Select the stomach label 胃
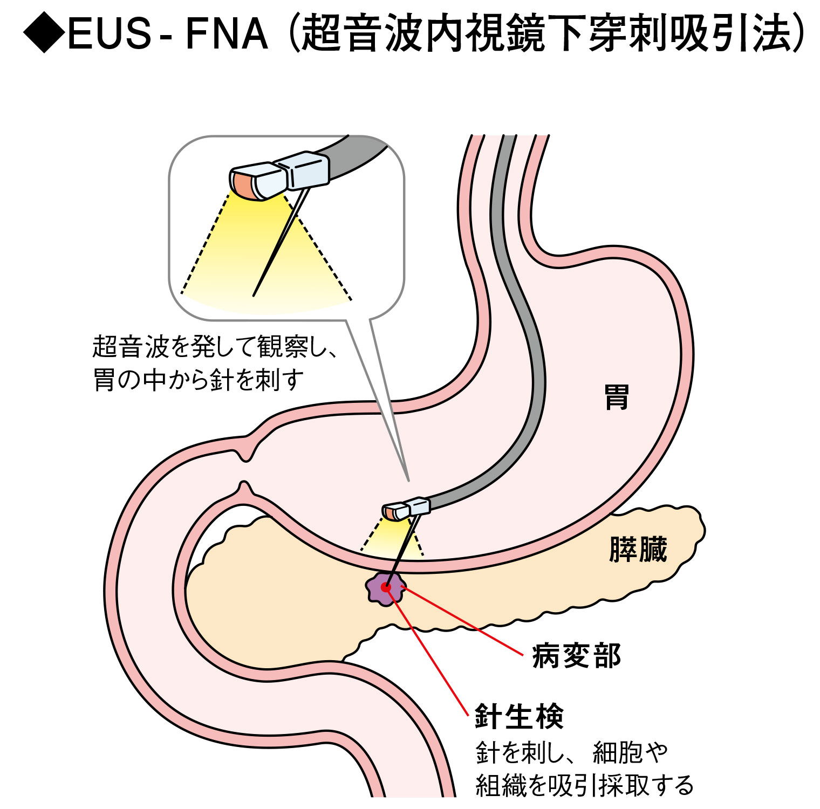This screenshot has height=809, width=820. [617, 397]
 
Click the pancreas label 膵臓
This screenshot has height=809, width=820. [638, 550]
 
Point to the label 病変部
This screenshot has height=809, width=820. [576, 656]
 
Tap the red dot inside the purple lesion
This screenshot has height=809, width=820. [386, 587]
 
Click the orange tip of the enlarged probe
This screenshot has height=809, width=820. [241, 184]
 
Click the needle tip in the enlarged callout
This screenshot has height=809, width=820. [254, 294]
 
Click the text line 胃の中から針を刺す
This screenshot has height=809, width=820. [198, 379]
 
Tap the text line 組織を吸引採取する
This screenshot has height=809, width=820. [584, 785]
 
